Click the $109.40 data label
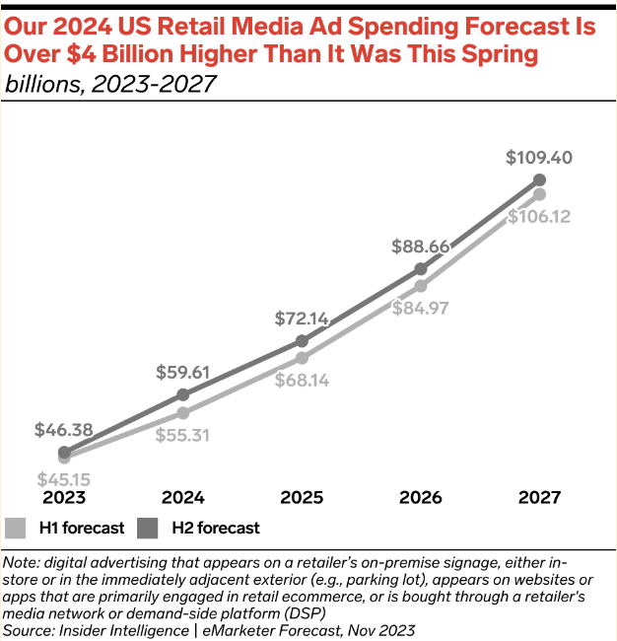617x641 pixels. coord(538,157)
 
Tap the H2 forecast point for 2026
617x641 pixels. coord(421,268)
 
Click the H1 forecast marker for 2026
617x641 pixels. coord(421,286)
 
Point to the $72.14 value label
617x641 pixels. coord(302,319)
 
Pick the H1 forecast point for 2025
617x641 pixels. coord(302,357)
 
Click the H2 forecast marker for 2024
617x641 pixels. coord(183,394)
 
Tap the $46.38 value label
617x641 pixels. coord(64,430)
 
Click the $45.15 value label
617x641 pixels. coord(64,479)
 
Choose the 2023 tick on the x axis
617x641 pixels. coord(64,497)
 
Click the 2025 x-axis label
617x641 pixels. coord(302,497)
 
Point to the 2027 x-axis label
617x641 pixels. coord(539,497)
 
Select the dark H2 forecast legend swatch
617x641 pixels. coord(148,528)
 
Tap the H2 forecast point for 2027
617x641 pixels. coord(539,179)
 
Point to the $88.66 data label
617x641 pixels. coord(421,247)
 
